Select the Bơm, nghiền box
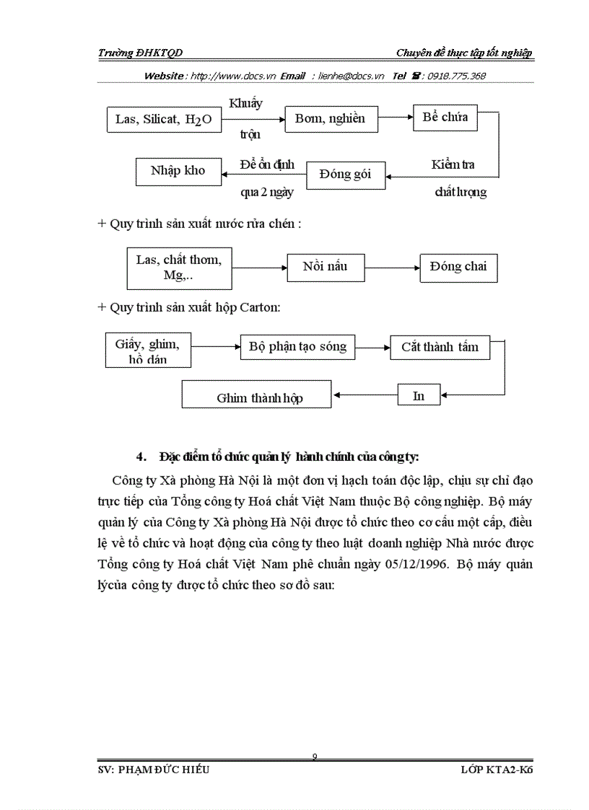(330, 119)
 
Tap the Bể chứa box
(445, 117)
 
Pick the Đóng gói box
(346, 175)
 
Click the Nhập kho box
(178, 171)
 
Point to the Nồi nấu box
(326, 267)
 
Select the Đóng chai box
(458, 267)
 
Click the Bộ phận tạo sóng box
(297, 347)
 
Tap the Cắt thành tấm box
(440, 347)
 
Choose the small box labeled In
(419, 396)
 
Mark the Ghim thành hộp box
(256, 396)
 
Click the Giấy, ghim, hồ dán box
(147, 350)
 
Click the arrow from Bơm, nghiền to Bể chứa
(395, 115)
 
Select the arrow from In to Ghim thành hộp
(365, 395)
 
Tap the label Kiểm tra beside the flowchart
(453, 164)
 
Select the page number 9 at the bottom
(315, 756)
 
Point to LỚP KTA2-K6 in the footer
(500, 770)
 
